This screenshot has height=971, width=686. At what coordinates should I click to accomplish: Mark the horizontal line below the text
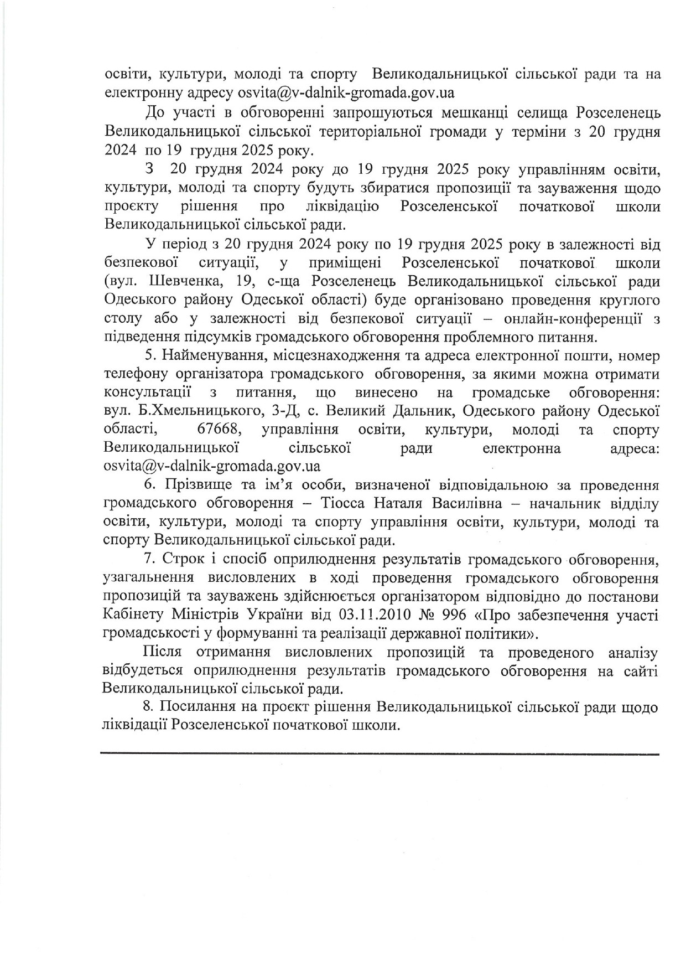coord(380,753)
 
